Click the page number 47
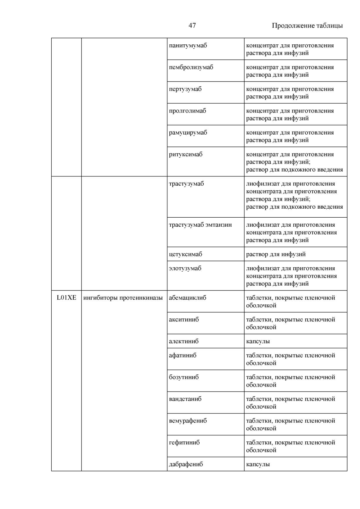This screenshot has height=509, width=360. coord(192,26)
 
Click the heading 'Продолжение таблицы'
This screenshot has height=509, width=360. coord(307,26)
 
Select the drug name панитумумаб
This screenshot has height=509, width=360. coord(188,46)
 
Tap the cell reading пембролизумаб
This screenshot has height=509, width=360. coord(191,67)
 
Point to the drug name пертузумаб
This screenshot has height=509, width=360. coord(185,89)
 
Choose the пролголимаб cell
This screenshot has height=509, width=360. coord(187,111)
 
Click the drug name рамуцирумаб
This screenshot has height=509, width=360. coord(188,133)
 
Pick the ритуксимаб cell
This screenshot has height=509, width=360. coord(186,154)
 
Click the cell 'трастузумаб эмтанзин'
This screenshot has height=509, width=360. coord(200,225)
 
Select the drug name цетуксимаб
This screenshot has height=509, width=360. coord(185,254)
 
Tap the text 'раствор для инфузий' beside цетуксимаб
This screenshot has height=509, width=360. coord(276,254)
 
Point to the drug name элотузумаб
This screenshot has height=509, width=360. coord(185,268)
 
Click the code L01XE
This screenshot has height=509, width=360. coord(66,298)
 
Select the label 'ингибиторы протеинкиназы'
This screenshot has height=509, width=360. coord(123,298)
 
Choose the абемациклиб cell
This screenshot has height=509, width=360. coord(187,298)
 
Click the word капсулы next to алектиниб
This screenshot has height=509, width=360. coord(258,341)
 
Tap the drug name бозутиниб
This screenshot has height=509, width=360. coord(184,377)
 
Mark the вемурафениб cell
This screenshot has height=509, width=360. coord(188,421)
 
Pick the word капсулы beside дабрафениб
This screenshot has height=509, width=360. coord(258,464)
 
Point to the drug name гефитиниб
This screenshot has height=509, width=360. coord(184,443)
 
